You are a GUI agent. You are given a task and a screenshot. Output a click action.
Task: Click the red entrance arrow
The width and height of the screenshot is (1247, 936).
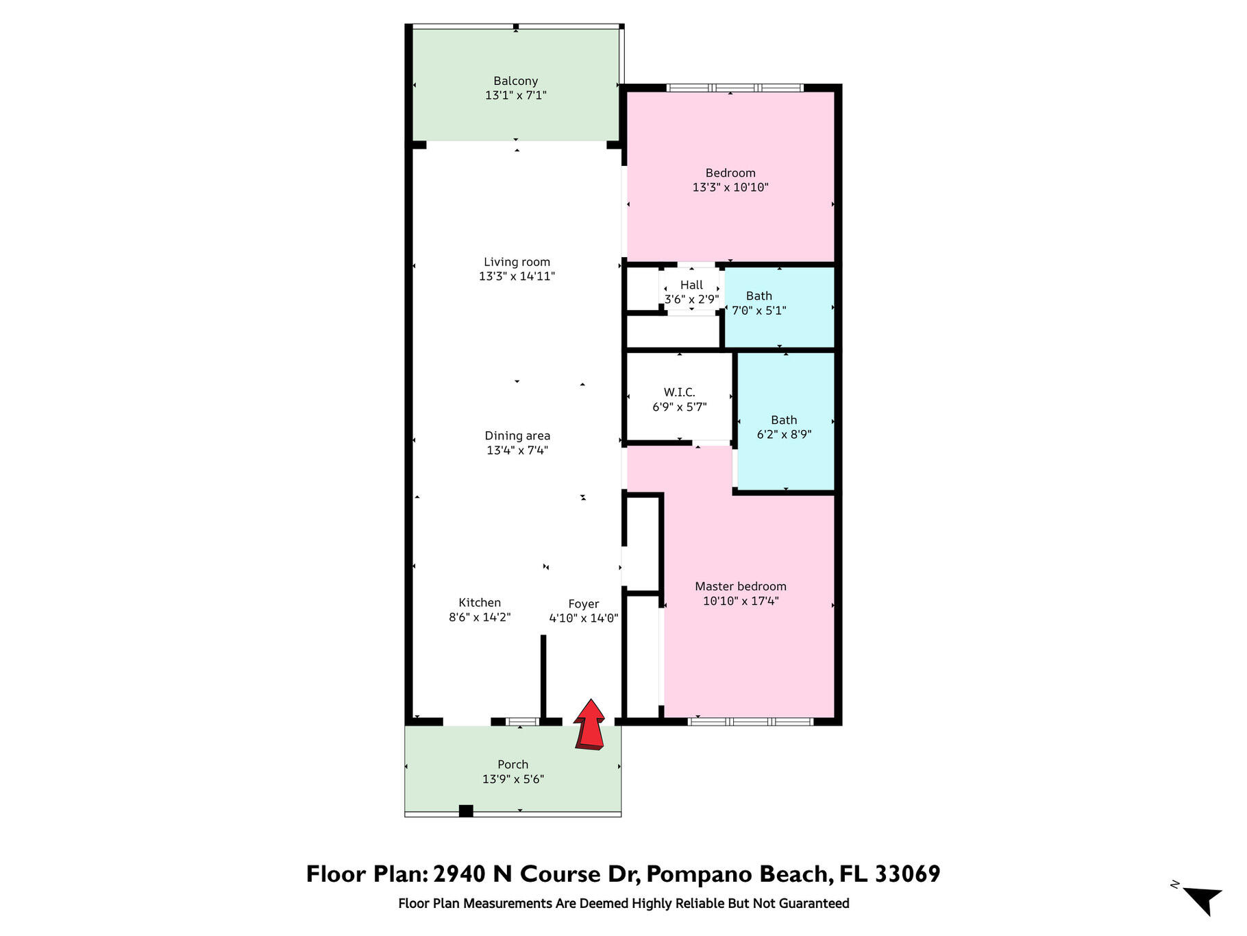pyautogui.click(x=589, y=725)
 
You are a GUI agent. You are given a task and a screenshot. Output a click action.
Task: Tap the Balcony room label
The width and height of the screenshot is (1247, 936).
pyautogui.click(x=515, y=81)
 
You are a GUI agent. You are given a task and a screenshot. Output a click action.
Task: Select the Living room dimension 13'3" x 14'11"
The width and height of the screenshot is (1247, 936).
pyautogui.click(x=517, y=276)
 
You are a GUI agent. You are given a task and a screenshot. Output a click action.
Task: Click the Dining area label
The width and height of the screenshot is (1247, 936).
pyautogui.click(x=517, y=435)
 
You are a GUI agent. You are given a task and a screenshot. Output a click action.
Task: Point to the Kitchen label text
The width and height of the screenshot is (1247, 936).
pyautogui.click(x=480, y=603)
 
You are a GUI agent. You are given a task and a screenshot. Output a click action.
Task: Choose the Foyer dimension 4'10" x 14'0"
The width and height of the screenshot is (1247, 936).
pyautogui.click(x=584, y=618)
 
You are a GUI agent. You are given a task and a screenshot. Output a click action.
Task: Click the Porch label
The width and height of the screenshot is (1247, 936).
pyautogui.click(x=513, y=765)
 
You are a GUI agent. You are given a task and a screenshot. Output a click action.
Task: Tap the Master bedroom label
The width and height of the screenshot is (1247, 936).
pyautogui.click(x=741, y=586)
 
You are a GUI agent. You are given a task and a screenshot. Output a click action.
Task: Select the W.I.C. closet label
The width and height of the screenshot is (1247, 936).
pyautogui.click(x=679, y=392)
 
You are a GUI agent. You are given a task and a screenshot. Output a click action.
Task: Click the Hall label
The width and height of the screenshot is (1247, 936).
pyautogui.click(x=691, y=285)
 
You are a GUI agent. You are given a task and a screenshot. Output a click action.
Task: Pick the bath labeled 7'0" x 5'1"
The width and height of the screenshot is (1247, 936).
pyautogui.click(x=759, y=303)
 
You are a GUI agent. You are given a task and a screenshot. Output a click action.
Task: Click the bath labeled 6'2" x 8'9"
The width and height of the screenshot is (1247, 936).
pyautogui.click(x=784, y=427)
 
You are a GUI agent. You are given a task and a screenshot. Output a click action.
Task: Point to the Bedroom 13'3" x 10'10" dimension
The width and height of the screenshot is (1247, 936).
pyautogui.click(x=730, y=187)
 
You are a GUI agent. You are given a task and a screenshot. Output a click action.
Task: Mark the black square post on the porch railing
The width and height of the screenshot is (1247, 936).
pyautogui.click(x=466, y=811)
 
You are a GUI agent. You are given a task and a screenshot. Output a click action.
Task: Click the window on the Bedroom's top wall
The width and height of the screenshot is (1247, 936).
pyautogui.click(x=734, y=88)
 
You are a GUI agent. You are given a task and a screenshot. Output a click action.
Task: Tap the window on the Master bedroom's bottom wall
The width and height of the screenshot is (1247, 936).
pyautogui.click(x=751, y=721)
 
